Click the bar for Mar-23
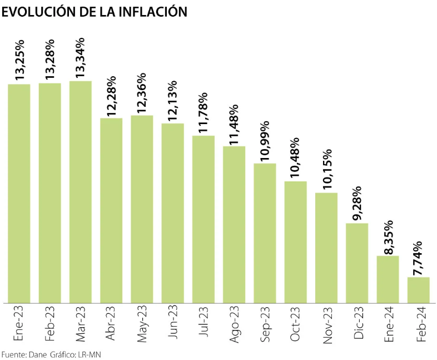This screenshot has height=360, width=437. click(81, 192)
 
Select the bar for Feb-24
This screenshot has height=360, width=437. click(419, 290)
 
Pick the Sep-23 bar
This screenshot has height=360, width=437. click(265, 233)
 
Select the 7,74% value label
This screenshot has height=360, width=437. click(419, 259)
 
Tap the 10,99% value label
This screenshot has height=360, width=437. click(265, 140)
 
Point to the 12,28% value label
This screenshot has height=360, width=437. click(111, 96)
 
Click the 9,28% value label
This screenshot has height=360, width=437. click(357, 204)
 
